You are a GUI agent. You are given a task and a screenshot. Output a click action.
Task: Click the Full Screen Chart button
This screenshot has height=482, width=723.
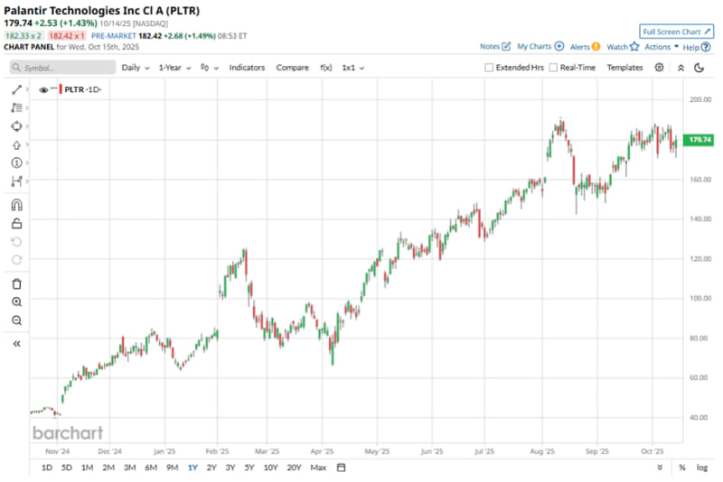(x=677, y=31)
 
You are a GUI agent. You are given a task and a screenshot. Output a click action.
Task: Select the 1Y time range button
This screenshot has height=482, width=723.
(x=192, y=468)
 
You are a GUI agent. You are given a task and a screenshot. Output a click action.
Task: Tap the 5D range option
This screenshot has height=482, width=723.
(x=67, y=468)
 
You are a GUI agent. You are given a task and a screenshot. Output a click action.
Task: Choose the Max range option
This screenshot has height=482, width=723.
(x=318, y=468)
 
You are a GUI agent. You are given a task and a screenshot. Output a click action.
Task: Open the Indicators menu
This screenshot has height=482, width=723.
(x=247, y=68)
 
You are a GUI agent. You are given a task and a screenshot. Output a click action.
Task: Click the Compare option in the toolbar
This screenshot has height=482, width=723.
(x=292, y=68)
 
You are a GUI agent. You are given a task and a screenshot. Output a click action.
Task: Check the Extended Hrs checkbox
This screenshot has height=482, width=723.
(x=489, y=68)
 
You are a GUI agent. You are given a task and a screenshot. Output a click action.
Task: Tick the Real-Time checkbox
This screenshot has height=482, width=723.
(x=553, y=68)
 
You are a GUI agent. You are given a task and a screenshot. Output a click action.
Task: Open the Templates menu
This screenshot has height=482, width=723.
(x=624, y=68)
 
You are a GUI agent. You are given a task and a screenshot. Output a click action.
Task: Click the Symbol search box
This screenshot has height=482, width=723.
(x=63, y=68)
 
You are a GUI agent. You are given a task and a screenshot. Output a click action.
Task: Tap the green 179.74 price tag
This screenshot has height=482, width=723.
(x=700, y=140)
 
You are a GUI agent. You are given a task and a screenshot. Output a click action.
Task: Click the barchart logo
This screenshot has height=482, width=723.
(x=68, y=432)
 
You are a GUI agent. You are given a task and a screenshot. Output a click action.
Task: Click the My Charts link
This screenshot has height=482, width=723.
(x=540, y=46)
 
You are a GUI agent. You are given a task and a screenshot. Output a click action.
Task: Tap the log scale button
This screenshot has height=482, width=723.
(x=702, y=468)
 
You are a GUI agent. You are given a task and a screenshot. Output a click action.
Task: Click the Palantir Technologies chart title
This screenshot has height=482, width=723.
(x=100, y=10)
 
